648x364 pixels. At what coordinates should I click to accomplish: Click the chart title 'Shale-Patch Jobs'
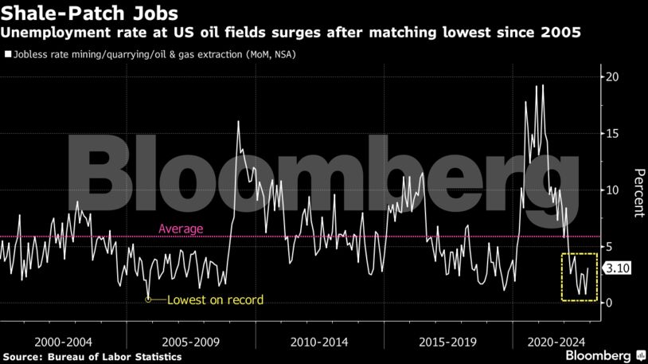89,14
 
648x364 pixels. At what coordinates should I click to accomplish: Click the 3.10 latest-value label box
619,269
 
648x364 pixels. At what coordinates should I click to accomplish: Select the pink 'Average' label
181,229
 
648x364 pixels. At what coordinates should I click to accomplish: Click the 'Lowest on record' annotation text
214,300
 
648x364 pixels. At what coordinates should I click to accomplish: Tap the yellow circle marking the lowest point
149,299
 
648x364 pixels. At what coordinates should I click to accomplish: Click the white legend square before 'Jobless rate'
7,56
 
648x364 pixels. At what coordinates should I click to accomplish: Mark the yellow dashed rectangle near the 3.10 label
579,277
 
